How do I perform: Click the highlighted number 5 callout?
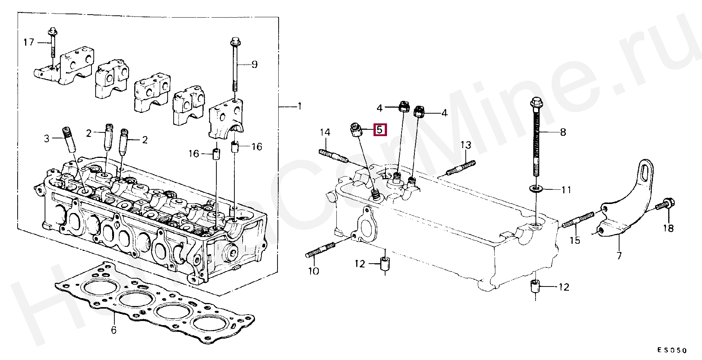click(379, 130)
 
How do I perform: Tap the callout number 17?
click(28, 42)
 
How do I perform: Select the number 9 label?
click(254, 64)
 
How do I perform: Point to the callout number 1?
click(299, 106)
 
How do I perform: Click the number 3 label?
click(46, 139)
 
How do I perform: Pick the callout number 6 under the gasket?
click(114, 330)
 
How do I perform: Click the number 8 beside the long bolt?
click(563, 132)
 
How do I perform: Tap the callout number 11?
click(566, 190)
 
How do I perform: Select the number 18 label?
click(668, 228)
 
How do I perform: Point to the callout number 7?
click(619, 256)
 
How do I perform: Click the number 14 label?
click(325, 132)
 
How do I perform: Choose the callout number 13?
click(465, 145)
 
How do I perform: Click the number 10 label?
click(313, 270)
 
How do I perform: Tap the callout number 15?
click(575, 240)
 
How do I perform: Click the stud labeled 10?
click(321, 250)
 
